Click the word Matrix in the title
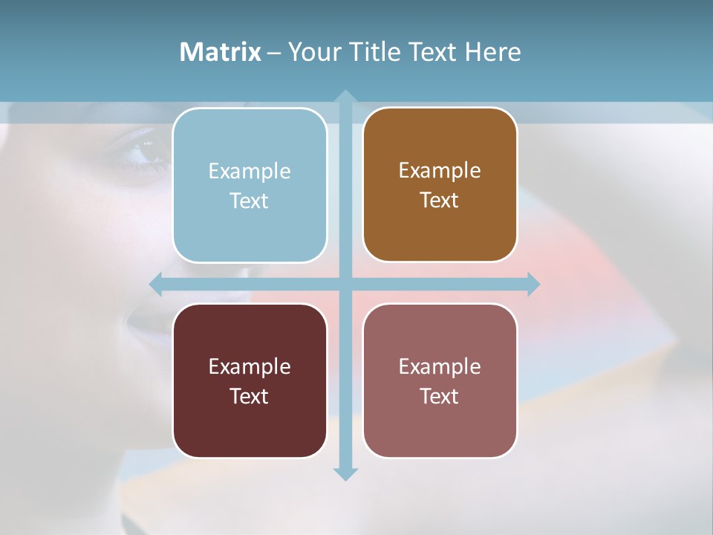pyautogui.click(x=221, y=52)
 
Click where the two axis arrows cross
pyautogui.click(x=345, y=284)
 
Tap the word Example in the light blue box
pyautogui.click(x=250, y=172)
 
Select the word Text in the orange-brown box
pyautogui.click(x=439, y=201)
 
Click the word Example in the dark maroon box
pyautogui.click(x=250, y=367)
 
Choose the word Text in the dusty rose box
pyautogui.click(x=439, y=397)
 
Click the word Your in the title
pyautogui.click(x=312, y=52)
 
